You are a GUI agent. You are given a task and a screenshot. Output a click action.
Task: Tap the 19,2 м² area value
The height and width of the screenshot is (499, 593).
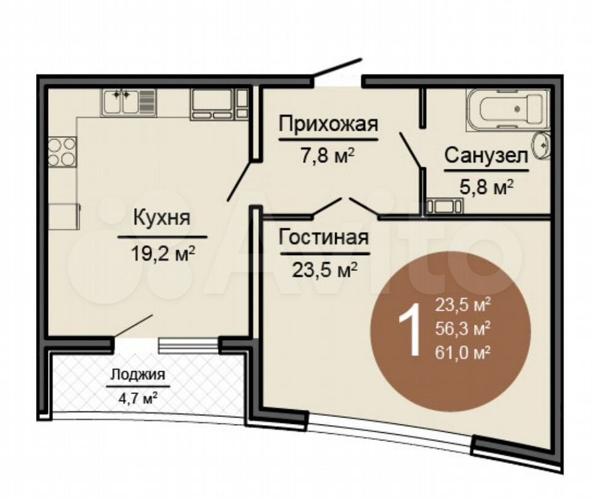pos(163,253)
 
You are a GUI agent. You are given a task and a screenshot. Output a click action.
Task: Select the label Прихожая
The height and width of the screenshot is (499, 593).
pos(327,124)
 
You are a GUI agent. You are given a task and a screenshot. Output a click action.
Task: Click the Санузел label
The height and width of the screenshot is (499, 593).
pos(486,156)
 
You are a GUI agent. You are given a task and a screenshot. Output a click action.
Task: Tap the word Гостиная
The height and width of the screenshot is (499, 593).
pos(324,237)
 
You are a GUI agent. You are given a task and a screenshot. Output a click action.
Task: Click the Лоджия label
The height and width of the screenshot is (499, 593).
pos(138,374)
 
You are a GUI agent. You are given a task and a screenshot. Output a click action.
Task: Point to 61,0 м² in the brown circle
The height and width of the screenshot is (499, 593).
pos(462,353)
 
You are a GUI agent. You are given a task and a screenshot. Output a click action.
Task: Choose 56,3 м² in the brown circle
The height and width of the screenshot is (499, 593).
pos(462,329)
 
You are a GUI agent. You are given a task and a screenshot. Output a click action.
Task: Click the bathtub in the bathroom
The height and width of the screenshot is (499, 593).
pos(506,110)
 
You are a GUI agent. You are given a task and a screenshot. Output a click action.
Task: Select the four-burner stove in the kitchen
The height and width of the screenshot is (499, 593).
pos(62,151)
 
